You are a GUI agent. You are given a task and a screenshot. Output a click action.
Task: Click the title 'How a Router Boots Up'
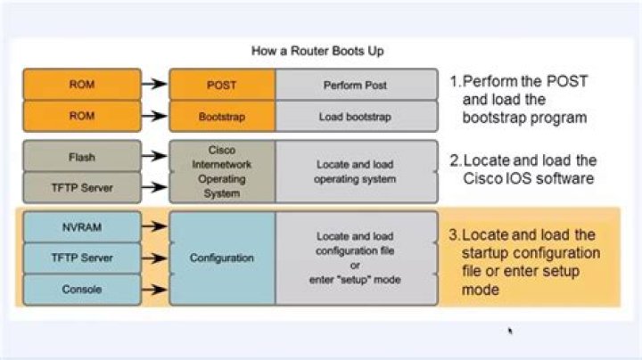(x=319, y=51)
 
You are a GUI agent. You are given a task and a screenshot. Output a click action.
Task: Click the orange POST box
(x=222, y=84)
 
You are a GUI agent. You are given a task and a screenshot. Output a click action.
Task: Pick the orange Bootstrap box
(x=222, y=115)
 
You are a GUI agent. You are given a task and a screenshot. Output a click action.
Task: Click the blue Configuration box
(x=222, y=258)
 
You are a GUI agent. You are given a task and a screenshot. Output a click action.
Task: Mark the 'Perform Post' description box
(x=356, y=84)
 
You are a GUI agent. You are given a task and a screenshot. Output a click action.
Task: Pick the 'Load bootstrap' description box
(x=356, y=115)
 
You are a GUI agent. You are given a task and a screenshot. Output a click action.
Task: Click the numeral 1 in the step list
(x=454, y=80)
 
